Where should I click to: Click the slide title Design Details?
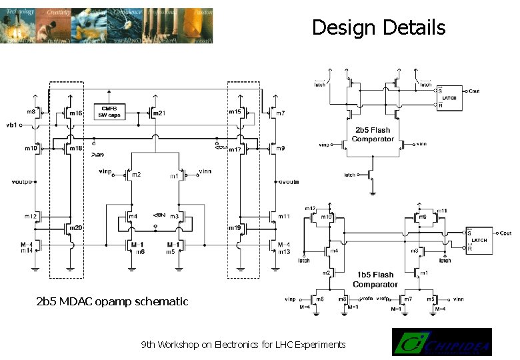(378, 27)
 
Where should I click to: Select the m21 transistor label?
(159, 113)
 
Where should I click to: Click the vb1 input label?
(11, 125)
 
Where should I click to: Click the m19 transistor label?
(234, 229)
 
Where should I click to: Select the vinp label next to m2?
(105, 172)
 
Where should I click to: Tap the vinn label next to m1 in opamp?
(205, 172)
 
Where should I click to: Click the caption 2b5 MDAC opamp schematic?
(112, 301)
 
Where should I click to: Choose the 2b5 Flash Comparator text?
(373, 135)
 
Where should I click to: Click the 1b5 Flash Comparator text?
(375, 279)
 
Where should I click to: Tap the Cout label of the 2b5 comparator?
(473, 90)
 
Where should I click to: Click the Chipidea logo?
(441, 342)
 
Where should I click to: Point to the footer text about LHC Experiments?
(243, 345)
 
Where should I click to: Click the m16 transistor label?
(76, 114)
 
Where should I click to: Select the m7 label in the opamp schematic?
(280, 114)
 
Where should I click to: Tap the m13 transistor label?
(285, 251)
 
